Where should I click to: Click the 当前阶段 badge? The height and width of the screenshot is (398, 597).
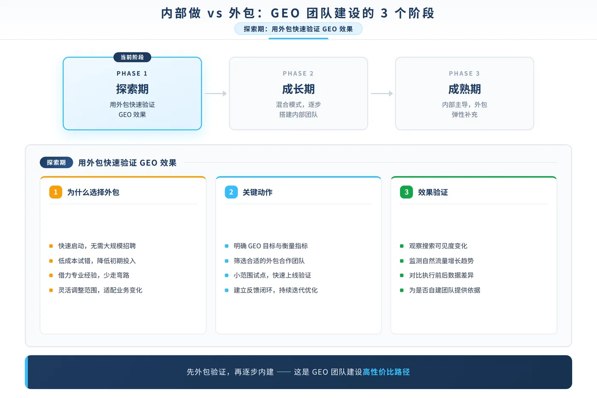tap(132, 57)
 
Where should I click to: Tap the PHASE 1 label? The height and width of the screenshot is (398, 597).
tap(132, 73)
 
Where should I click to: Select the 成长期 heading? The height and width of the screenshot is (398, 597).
tap(298, 89)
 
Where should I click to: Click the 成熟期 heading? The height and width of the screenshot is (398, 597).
tap(464, 89)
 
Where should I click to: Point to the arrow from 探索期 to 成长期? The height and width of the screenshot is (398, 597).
tap(216, 93)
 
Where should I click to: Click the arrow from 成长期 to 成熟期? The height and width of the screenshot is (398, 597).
tap(382, 93)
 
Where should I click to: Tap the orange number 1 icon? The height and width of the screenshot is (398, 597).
tap(56, 192)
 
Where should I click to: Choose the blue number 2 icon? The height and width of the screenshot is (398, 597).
tap(231, 192)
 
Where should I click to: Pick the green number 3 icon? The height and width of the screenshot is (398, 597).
tap(406, 192)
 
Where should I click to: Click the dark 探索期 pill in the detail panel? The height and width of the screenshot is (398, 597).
tap(56, 163)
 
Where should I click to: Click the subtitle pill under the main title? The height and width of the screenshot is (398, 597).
tap(298, 29)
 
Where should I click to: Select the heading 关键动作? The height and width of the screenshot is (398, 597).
tap(258, 192)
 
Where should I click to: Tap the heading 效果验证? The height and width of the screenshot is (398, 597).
tap(433, 192)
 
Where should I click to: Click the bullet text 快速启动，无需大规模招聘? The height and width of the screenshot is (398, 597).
tap(97, 246)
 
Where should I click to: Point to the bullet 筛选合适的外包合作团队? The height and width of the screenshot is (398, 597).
tap(269, 261)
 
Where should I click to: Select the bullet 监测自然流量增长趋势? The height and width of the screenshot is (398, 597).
tap(441, 261)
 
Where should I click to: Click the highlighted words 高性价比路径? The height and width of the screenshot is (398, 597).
tap(386, 372)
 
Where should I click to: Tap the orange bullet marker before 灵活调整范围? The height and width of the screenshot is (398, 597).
tap(51, 291)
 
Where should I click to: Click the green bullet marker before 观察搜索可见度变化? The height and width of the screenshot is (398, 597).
tap(402, 246)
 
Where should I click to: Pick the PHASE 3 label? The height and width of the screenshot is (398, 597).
tap(464, 73)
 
